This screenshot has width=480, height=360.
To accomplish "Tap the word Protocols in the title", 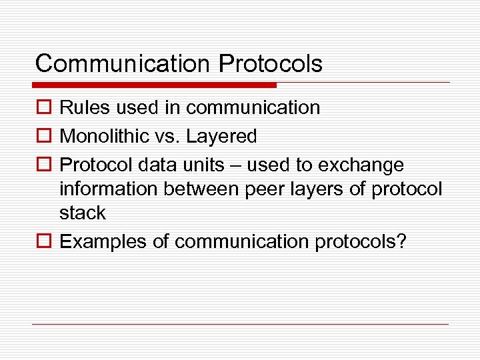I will point(271,64).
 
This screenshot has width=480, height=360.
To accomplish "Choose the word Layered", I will point(221,137).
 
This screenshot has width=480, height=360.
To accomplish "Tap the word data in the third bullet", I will point(154,165).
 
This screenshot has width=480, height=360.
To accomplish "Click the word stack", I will point(83,213).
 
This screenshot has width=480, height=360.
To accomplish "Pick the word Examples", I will point(103,241).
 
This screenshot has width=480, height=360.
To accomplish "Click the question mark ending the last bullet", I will point(401,241).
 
